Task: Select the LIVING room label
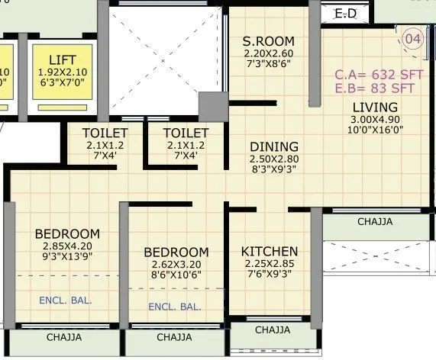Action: [x=375, y=108]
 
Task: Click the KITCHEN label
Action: [x=270, y=252]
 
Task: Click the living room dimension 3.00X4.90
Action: [x=375, y=120]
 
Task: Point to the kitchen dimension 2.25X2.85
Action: [x=270, y=264]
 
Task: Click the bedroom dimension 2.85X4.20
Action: [x=67, y=246]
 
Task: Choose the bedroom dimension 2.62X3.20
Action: [x=176, y=265]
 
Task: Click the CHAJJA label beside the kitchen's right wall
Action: [x=375, y=222]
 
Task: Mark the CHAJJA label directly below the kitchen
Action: [x=273, y=330]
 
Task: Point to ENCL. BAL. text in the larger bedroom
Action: [x=65, y=301]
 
